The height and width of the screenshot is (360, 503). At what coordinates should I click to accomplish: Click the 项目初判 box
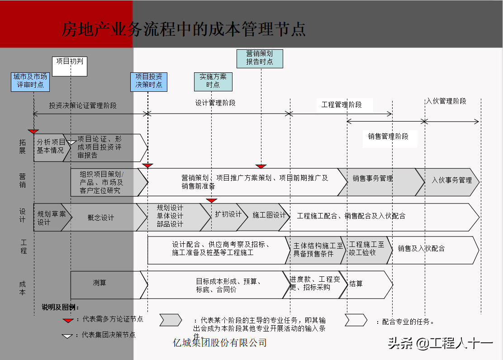pyautogui.click(x=70, y=66)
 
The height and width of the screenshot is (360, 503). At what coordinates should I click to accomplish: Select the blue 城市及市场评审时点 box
pyautogui.click(x=30, y=81)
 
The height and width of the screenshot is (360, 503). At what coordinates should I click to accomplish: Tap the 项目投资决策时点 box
pyautogui.click(x=149, y=81)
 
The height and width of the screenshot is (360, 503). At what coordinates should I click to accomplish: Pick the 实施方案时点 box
pyautogui.click(x=213, y=81)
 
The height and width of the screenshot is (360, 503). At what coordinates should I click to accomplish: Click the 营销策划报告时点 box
pyautogui.click(x=260, y=58)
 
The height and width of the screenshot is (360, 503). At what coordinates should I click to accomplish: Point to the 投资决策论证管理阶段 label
pyautogui.click(x=83, y=105)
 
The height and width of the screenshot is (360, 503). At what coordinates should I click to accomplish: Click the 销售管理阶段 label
pyautogui.click(x=388, y=136)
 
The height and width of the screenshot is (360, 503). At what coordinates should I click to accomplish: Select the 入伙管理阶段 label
pyautogui.click(x=446, y=101)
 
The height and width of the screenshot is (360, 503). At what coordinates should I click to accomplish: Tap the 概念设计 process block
pyautogui.click(x=101, y=218)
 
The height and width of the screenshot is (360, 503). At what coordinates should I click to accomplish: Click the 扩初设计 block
pyautogui.click(x=228, y=214)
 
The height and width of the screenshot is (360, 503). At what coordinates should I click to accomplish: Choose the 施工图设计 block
pyautogui.click(x=269, y=215)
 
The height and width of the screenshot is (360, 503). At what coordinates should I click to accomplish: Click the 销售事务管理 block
pyautogui.click(x=373, y=179)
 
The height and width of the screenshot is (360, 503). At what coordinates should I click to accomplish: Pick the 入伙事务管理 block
pyautogui.click(x=451, y=180)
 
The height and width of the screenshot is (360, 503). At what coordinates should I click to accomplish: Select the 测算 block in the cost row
pyautogui.click(x=100, y=283)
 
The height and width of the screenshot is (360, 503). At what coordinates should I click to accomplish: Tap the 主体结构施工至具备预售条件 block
pyautogui.click(x=318, y=250)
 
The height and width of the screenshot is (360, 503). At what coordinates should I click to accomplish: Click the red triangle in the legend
pyautogui.click(x=68, y=320)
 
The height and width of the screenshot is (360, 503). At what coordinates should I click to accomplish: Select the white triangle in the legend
pyautogui.click(x=68, y=336)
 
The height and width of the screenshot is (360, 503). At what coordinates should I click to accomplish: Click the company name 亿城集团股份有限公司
pyautogui.click(x=220, y=343)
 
